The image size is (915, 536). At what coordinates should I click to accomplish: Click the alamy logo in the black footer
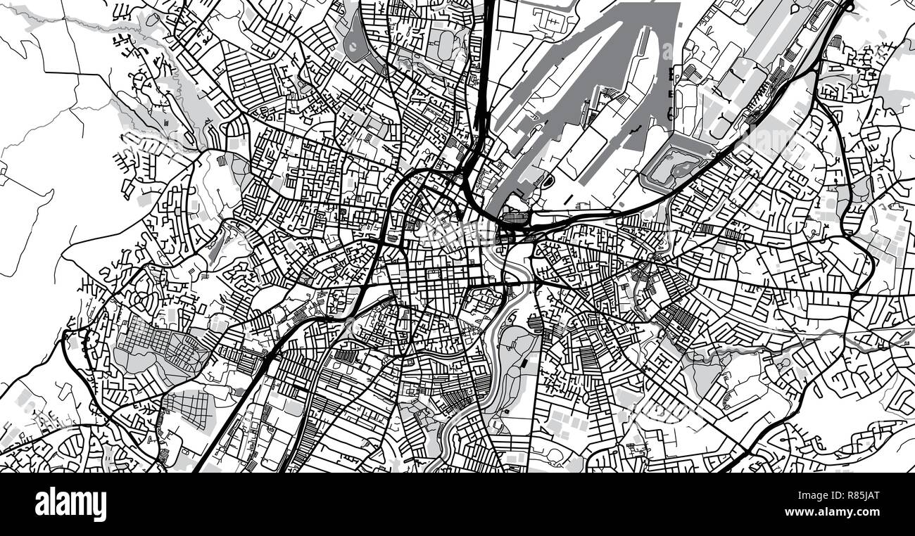tap(70, 504)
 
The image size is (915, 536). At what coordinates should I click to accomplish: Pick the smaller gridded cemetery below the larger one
tap(186, 406)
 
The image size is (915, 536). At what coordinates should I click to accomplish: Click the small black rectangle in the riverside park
tap(526, 364)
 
